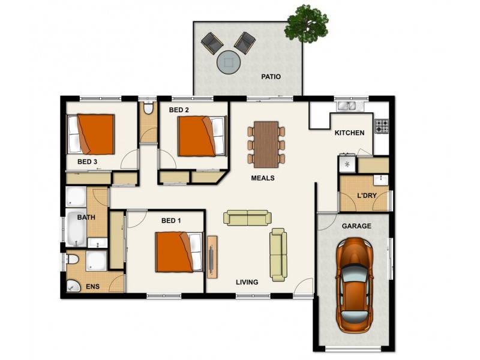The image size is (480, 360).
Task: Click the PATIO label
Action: tap(271, 77)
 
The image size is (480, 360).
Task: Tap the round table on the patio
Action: tap(228, 61)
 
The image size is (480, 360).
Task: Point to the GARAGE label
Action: tap(356, 226)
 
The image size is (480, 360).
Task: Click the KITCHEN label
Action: tap(349, 133)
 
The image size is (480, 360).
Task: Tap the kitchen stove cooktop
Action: tap(382, 126)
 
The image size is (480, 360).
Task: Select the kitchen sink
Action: tap(347, 106)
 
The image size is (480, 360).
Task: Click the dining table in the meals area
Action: tap(266, 144)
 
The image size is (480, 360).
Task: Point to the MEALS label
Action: tap(263, 178)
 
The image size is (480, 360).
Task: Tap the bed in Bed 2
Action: tap(202, 136)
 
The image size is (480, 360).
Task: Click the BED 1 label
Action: tap(171, 221)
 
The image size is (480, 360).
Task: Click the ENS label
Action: tap(92, 287)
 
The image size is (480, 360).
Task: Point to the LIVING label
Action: tap(247, 282)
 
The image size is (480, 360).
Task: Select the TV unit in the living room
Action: tap(212, 256)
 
